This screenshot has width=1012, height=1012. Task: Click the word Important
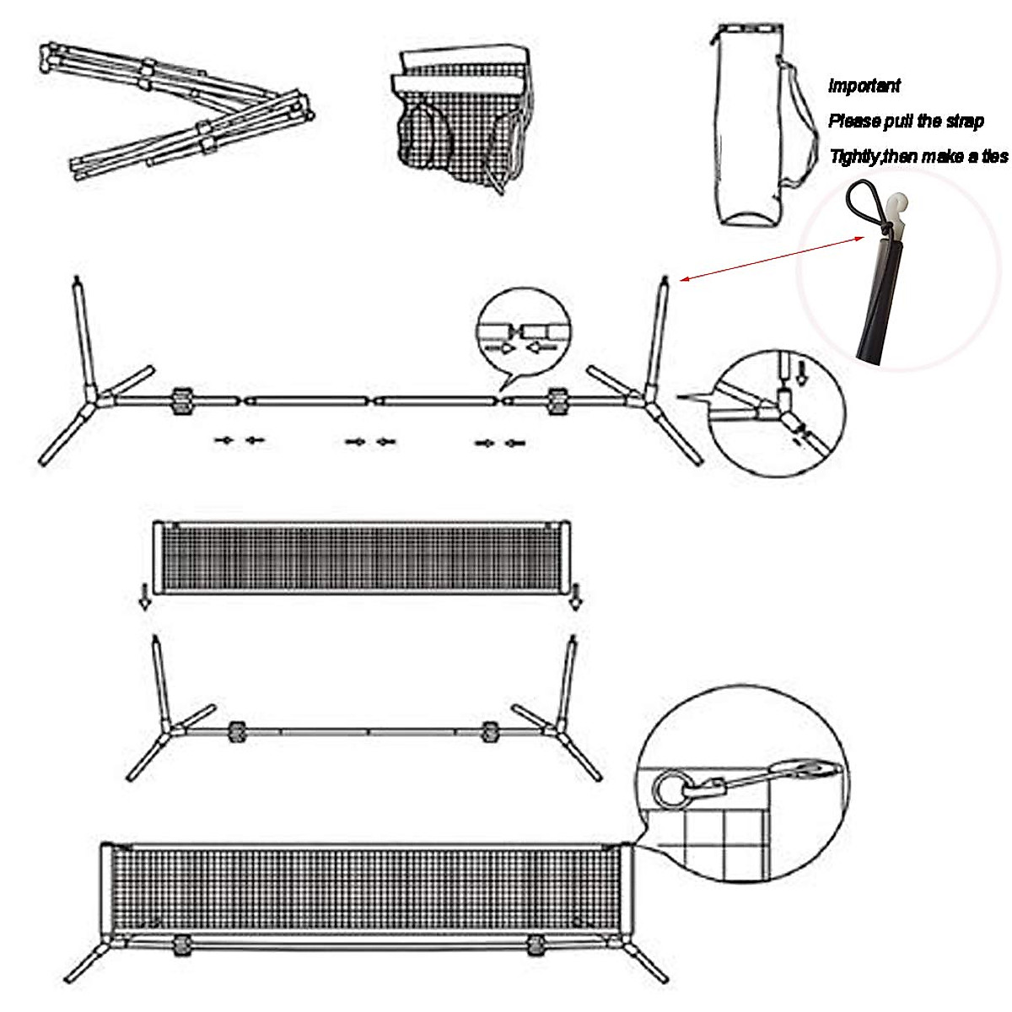864,85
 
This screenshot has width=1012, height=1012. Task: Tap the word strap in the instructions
961,121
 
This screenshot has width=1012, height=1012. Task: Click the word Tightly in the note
854,157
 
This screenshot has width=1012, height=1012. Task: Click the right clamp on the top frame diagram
557,401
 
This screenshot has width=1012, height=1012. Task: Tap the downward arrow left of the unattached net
145,595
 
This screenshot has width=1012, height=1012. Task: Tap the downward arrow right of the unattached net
576,595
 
